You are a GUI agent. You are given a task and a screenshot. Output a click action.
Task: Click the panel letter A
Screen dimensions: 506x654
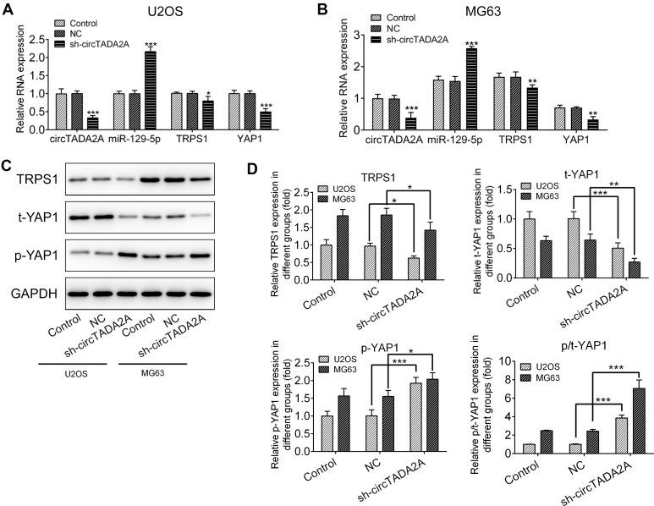[x=7, y=8]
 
